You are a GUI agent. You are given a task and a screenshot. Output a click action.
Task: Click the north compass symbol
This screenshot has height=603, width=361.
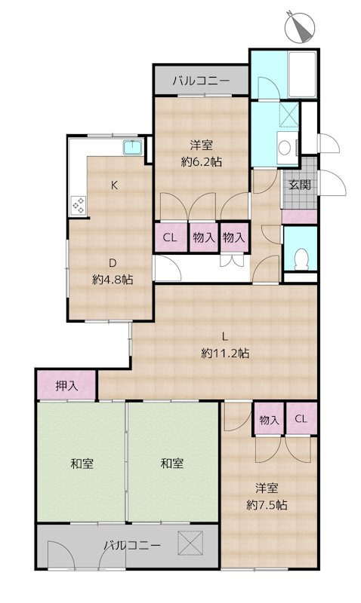coord(300,26)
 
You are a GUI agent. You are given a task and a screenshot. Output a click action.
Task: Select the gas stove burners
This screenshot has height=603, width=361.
coord(79,205)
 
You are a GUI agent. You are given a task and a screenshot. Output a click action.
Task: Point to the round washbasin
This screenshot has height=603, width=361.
coord(285,148)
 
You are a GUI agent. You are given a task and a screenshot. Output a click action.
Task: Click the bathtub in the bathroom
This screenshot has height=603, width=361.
coord(302,74)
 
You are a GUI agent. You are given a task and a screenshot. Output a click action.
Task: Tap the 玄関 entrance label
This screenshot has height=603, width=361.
coord(300,185)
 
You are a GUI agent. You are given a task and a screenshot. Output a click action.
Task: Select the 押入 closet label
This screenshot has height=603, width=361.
coord(66,386)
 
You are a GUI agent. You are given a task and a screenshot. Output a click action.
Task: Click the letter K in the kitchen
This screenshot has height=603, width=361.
coord(114,185)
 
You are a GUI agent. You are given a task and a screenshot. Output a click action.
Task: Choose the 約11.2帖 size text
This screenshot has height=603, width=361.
coord(225,353)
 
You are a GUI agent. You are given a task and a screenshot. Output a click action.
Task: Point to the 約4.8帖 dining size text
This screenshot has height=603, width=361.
coord(113,279)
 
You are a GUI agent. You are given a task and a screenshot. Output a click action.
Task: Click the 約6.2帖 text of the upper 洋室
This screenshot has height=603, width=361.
coord(202,162)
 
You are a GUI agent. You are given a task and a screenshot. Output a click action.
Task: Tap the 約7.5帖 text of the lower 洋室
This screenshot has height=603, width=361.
coord(267,504)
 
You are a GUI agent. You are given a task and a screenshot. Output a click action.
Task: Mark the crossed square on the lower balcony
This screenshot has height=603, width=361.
coord(190,543)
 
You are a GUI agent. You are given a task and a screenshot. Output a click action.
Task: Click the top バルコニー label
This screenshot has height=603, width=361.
coord(201,81)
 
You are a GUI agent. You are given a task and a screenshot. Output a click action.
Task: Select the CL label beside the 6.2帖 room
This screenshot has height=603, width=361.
coord(169,237)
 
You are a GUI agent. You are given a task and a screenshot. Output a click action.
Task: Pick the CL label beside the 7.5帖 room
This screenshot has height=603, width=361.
coord(301,419)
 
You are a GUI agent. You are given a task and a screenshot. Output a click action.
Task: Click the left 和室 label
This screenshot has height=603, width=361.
coord(82,463)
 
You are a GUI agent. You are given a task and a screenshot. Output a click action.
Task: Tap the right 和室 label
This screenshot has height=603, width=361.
coord(172,463)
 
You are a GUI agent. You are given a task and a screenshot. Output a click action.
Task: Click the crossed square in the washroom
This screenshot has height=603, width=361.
coord(289,115)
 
